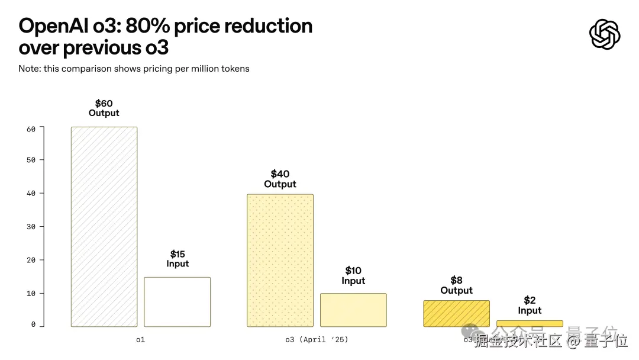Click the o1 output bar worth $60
point(104,227)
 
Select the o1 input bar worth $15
point(177,302)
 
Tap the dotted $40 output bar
point(280,261)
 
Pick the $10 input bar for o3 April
point(353,310)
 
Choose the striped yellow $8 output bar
point(456,313)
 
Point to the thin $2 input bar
point(530,323)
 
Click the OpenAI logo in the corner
point(605,34)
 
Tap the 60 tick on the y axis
point(31,129)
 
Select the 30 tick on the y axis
point(31,227)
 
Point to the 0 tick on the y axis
point(33,324)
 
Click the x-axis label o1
point(140,340)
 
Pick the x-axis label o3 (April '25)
point(317,340)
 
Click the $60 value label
point(104,104)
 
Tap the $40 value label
point(280,174)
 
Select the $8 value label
point(456,280)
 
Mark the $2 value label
point(530,300)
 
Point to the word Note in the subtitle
point(28,69)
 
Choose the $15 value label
point(177,254)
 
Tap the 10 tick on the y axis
point(31,293)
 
